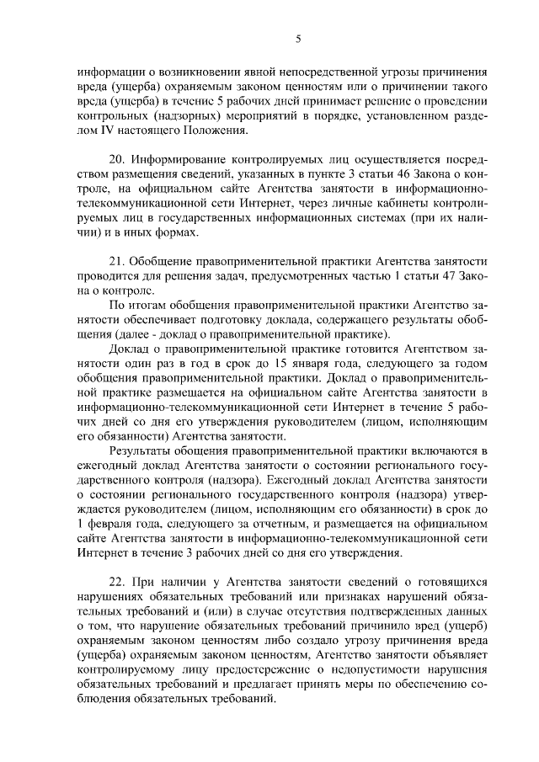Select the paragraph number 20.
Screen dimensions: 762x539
click(118, 160)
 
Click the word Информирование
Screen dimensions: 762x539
click(179, 160)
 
